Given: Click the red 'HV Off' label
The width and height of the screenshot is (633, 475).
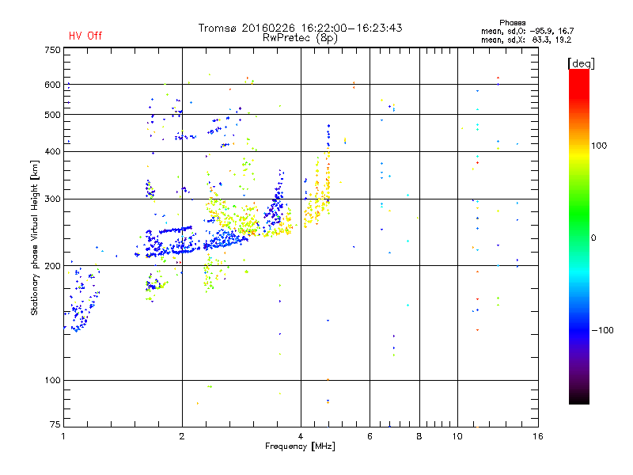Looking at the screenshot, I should (85, 36).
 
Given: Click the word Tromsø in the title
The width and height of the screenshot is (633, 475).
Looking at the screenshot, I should (219, 28).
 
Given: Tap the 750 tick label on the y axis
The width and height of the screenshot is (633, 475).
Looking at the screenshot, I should (52, 50).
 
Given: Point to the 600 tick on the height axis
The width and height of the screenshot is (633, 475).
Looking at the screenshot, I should (52, 84).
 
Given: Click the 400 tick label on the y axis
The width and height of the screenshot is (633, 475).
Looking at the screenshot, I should (52, 151).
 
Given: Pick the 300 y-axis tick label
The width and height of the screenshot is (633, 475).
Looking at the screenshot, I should (52, 199).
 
